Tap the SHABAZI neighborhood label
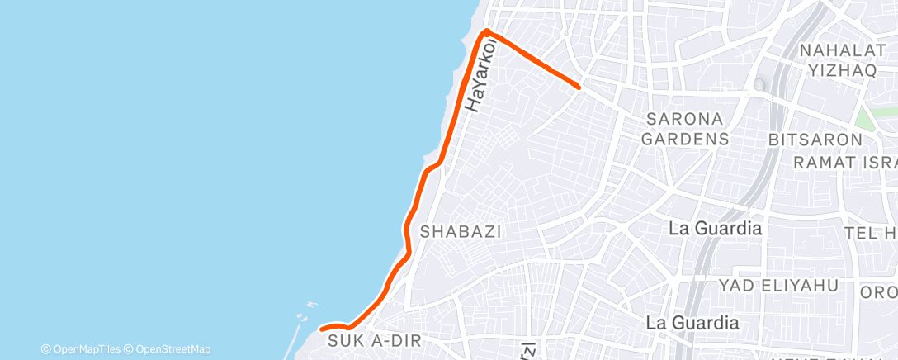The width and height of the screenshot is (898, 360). [x=461, y=232]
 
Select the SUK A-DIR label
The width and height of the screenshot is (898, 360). [x=364, y=340]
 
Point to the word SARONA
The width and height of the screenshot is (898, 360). [x=685, y=118]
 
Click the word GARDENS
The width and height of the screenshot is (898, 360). [x=685, y=138]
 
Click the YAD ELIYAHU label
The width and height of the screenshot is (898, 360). [x=778, y=286]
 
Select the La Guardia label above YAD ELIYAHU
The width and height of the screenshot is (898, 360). [x=715, y=229]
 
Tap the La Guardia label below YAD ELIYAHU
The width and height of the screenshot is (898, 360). [x=692, y=322]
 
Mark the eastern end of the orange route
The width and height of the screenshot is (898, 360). [x=579, y=86]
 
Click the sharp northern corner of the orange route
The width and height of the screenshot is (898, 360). [x=487, y=31]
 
